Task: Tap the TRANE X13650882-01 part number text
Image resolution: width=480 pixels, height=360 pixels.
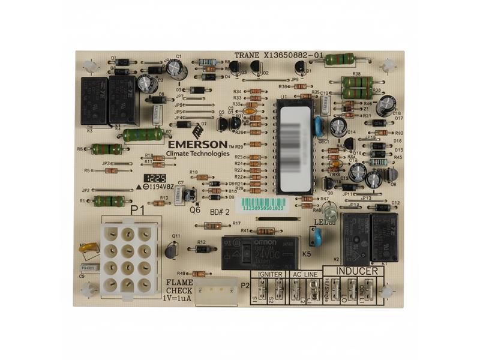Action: point(279,55)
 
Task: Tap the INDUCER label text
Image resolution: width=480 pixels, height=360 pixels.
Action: point(356,271)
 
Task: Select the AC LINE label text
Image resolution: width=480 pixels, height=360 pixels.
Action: point(304,274)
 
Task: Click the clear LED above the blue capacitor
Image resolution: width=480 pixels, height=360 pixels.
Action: point(328,211)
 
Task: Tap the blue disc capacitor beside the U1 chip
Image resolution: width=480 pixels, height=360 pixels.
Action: point(319,125)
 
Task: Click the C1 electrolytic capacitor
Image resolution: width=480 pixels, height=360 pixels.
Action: point(174,67)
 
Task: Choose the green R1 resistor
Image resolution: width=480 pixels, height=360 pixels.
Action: point(109,201)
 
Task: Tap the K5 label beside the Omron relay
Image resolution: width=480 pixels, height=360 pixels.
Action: point(306,254)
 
